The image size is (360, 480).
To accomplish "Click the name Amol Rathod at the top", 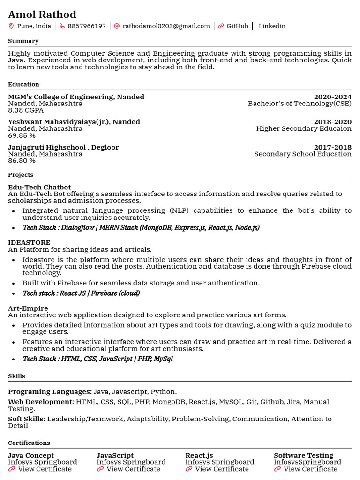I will (x=42, y=15).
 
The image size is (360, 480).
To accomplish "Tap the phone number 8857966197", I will (x=87, y=26).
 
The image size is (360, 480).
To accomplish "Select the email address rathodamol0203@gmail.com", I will (x=166, y=26).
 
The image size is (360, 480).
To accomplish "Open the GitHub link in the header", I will (x=237, y=26).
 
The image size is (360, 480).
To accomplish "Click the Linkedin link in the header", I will (x=272, y=26).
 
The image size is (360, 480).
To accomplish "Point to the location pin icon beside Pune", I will (x=11, y=26).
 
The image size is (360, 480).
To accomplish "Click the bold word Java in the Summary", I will (x=16, y=60).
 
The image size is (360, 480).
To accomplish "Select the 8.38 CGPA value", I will (x=26, y=110).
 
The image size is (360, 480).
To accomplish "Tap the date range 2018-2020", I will (x=332, y=122).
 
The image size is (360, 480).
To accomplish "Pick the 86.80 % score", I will (x=22, y=161).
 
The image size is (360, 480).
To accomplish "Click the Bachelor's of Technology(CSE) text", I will (x=300, y=104).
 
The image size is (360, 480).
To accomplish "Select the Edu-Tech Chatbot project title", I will (x=39, y=187).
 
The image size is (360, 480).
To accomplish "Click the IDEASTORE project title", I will (x=29, y=243).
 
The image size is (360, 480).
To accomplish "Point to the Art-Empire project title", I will (x=28, y=308).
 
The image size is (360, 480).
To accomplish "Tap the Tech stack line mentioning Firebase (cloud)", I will (x=81, y=293).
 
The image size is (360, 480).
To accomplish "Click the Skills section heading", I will (x=16, y=376).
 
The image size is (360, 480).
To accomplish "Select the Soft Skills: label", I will (x=27, y=419).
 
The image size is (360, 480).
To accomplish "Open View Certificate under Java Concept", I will (x=45, y=469).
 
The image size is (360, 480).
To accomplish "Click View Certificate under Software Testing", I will (x=310, y=469).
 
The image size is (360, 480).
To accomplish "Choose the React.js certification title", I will (x=199, y=456).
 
